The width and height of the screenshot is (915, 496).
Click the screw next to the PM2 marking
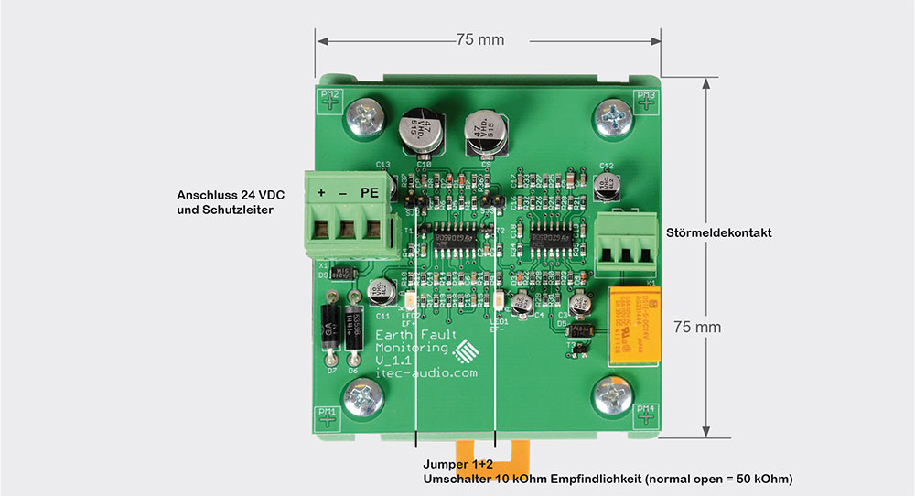365,117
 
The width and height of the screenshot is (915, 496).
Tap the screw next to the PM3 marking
613,117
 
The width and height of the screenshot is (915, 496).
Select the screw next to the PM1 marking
363,400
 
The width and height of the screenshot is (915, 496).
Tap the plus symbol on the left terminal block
321,193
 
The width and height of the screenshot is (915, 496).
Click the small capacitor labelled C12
605,184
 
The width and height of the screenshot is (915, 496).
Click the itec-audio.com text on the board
426,373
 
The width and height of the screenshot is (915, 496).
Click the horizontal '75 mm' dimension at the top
479,40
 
